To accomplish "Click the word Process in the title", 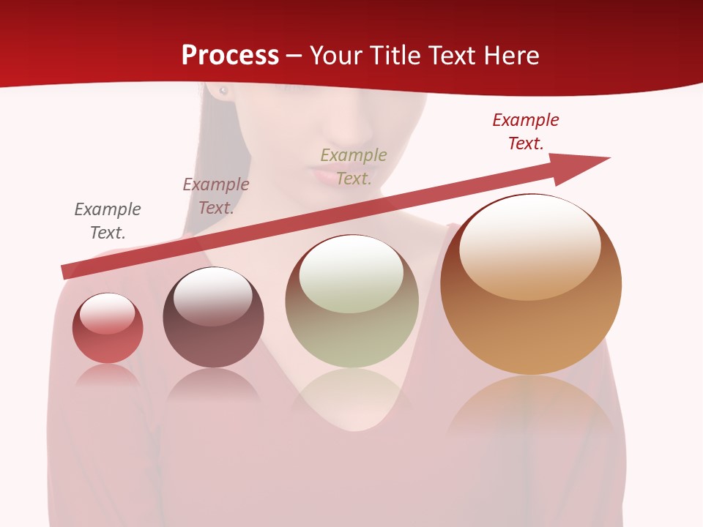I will click(230, 55).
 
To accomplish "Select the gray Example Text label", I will click(108, 221).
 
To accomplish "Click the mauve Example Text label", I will click(216, 196).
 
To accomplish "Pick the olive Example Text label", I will click(354, 167).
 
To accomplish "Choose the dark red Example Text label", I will click(526, 132).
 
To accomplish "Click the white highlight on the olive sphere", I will click(351, 275).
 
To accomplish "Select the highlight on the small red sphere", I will click(108, 314).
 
